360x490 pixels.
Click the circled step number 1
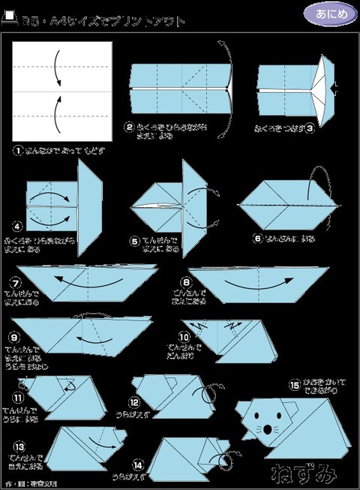point(17,151)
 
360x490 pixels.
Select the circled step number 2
point(129,128)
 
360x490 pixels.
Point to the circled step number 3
point(309,128)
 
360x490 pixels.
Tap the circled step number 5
point(135,242)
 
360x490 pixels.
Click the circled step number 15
point(295,383)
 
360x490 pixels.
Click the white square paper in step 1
point(62,91)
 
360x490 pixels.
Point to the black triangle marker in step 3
point(334,90)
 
